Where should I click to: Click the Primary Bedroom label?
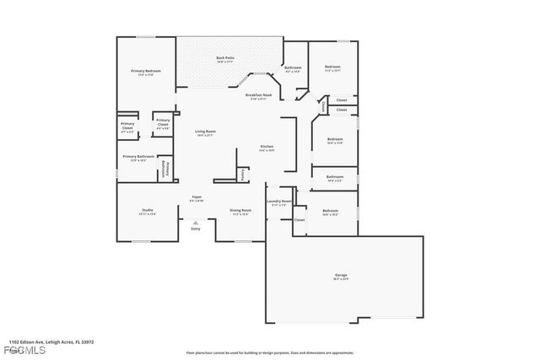click(x=145, y=71)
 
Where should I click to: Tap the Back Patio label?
click(x=225, y=58)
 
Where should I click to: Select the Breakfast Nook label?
click(x=258, y=95)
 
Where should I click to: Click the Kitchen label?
click(x=267, y=147)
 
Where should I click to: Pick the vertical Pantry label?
click(x=242, y=175)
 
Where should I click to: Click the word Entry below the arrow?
click(x=196, y=228)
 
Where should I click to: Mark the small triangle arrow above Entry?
click(x=196, y=222)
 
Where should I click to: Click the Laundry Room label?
click(x=279, y=201)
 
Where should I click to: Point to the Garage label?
click(x=341, y=275)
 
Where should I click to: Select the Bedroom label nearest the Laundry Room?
click(x=329, y=211)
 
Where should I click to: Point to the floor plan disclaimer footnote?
click(x=269, y=352)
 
